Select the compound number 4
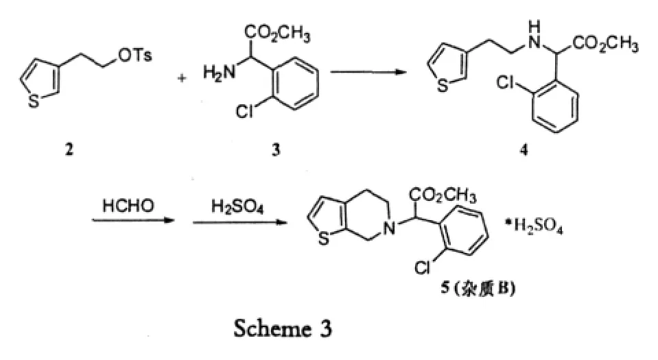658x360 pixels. pyautogui.click(x=524, y=152)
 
